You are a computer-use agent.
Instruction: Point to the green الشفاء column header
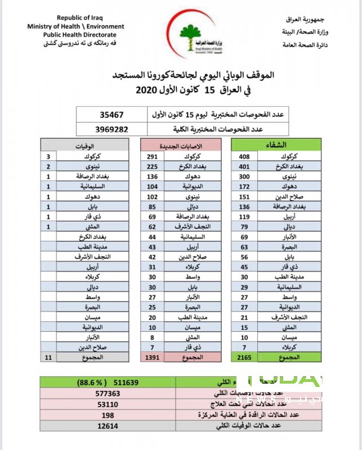pos(276,145)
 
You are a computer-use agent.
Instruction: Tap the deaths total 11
pos(48,357)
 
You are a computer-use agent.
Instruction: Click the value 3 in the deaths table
pos(48,156)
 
